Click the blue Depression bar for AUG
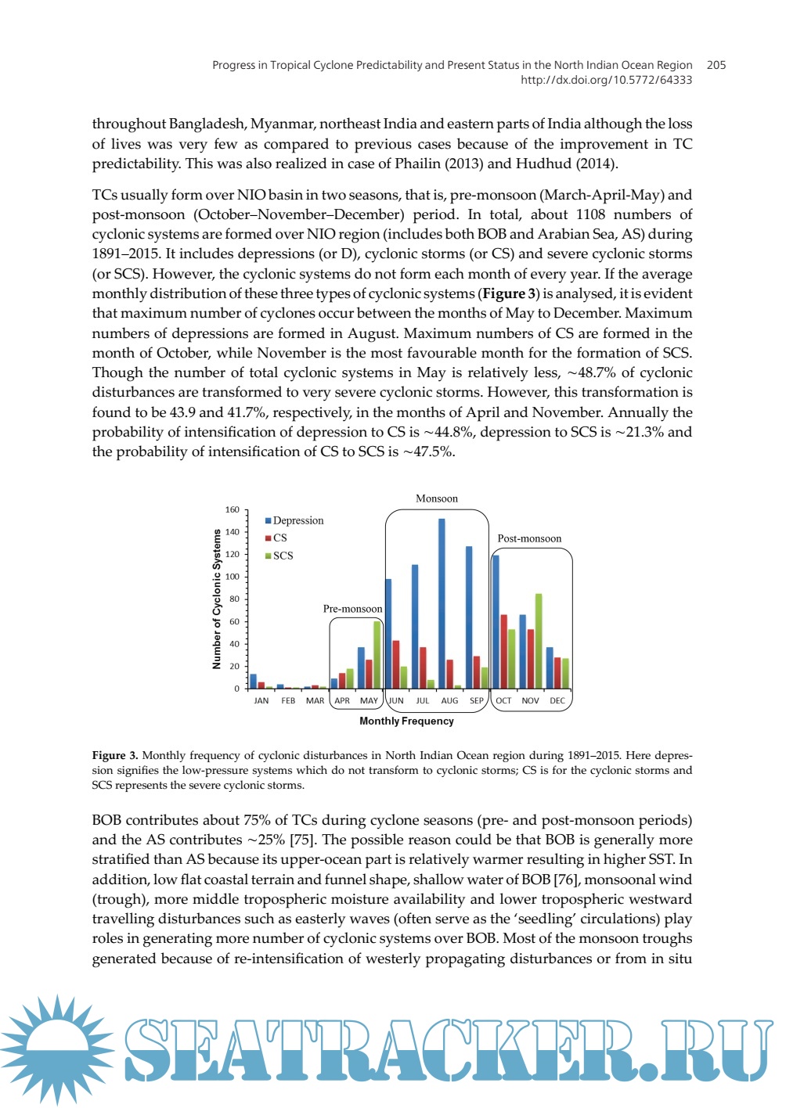pyautogui.click(x=442, y=603)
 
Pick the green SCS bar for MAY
pyautogui.click(x=377, y=655)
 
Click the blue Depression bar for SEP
pyautogui.click(x=469, y=617)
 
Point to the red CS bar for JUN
pyautogui.click(x=396, y=664)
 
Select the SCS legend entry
pyautogui.click(x=279, y=556)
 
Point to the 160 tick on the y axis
pyautogui.click(x=233, y=510)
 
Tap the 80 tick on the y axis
pyautogui.click(x=234, y=599)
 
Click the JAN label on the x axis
pyautogui.click(x=261, y=701)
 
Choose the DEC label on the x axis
pyautogui.click(x=557, y=701)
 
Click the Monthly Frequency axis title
pyautogui.click(x=406, y=721)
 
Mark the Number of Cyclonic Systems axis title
pyautogui.click(x=217, y=599)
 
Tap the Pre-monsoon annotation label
pyautogui.click(x=352, y=609)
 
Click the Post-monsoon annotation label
pyautogui.click(x=529, y=538)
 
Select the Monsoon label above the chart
pyautogui.click(x=437, y=498)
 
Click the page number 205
pyautogui.click(x=716, y=65)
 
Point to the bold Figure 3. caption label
pyautogui.click(x=115, y=755)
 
